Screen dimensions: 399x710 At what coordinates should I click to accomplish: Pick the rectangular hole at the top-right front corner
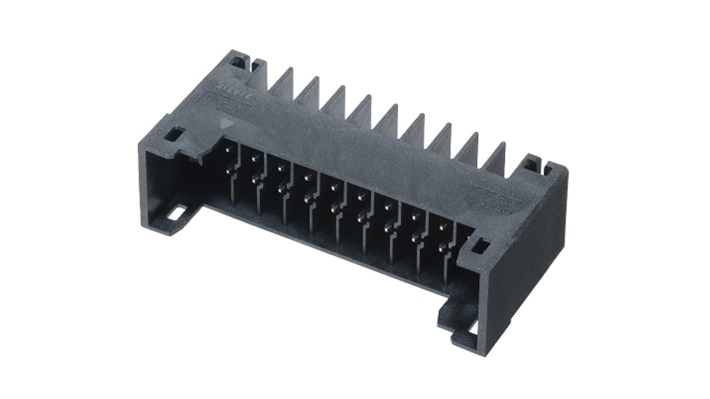480,245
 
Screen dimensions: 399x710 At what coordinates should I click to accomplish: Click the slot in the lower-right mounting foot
472,327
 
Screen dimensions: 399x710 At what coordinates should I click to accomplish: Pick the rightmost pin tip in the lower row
441,248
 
